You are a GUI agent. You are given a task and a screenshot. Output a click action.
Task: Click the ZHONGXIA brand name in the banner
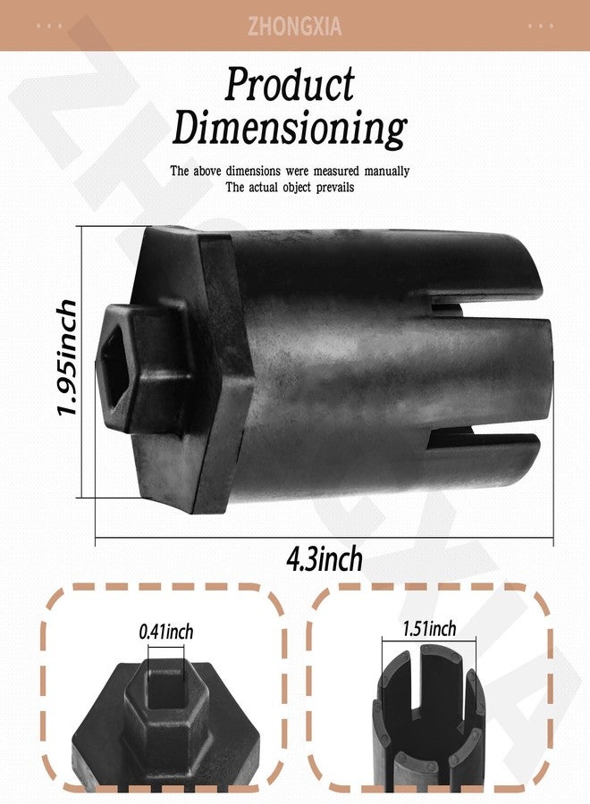pos(294,26)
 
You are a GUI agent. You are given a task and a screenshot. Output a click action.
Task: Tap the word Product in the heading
pos(290,84)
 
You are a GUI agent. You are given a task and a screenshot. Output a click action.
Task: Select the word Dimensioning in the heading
pos(290,127)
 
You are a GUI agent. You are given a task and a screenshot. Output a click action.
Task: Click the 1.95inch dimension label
pos(67,356)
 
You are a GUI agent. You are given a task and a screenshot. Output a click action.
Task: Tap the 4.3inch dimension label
pos(324,559)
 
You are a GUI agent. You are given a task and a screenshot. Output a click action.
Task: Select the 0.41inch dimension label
pos(166,632)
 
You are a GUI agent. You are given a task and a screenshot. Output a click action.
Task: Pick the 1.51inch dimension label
pos(429,628)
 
